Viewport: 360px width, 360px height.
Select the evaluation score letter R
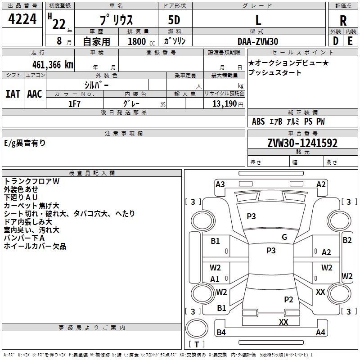tap(343, 21)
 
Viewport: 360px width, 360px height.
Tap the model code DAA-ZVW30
tap(258, 41)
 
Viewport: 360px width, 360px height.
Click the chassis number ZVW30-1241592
tap(302, 143)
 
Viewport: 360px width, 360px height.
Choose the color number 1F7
tap(74, 103)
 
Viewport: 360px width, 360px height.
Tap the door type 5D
tap(174, 20)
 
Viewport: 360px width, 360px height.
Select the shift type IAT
tap(13, 94)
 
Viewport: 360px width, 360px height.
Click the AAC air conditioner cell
tap(34, 94)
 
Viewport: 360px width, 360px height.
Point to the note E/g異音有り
tap(25, 143)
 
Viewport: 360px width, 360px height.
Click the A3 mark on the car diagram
tap(220, 184)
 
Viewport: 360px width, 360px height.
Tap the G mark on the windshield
tap(284, 237)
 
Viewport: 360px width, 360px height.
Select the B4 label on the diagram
tap(221, 333)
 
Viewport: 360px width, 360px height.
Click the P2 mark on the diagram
tap(288, 299)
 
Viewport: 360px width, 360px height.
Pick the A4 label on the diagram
tap(320, 333)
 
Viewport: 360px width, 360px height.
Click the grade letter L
tap(258, 20)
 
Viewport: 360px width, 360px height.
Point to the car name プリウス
tap(116, 20)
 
